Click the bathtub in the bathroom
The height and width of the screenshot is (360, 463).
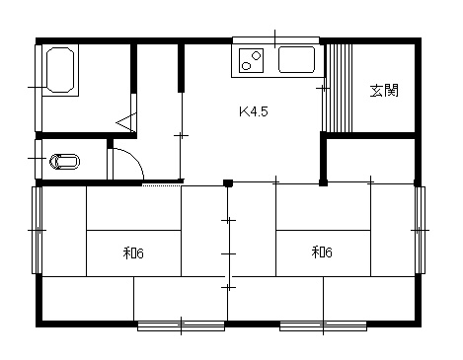point(60,70)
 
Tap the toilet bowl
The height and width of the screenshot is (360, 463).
point(64,162)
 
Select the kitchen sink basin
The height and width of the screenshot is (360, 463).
point(296,59)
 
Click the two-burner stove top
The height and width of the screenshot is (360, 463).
point(252,60)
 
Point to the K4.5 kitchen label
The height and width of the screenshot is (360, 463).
point(254,111)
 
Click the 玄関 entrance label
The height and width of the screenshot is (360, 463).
point(384,91)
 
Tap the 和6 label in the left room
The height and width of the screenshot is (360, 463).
point(133,253)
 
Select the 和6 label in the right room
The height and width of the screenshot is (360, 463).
point(322,252)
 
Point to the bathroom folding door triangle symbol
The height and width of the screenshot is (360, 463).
point(126,122)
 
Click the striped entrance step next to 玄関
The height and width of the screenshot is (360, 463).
point(339,88)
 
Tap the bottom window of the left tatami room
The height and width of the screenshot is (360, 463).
point(181,326)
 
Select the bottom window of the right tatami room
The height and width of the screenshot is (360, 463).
point(323,326)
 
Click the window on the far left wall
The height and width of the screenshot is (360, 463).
point(37,230)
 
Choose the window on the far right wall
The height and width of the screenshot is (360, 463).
point(420,230)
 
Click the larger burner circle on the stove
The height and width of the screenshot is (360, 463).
point(257,55)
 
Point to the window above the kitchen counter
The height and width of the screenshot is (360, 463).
point(275,40)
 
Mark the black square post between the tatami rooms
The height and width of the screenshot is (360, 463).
point(228,182)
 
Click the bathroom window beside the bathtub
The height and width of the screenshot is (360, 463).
point(39,88)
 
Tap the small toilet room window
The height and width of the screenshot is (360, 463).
point(39,159)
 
